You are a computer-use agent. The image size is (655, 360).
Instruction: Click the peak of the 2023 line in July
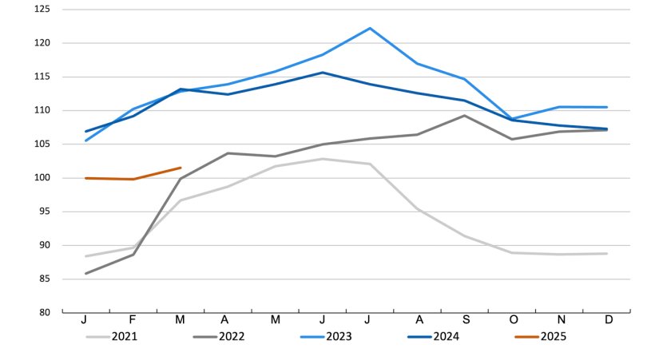pos(370,28)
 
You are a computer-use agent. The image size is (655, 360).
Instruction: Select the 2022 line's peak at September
pos(465,116)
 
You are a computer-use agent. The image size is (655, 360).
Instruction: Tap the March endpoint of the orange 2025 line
pos(181,168)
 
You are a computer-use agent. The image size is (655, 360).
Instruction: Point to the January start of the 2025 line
pos(85,178)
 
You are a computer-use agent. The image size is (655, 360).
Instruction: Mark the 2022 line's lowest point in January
pos(85,274)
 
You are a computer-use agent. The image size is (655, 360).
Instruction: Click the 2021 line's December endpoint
pos(607,254)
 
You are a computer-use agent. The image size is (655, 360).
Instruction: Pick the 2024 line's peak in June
pos(323,73)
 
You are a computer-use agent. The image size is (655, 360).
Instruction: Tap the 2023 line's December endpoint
pos(607,107)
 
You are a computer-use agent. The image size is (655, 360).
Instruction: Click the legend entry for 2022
pos(232,337)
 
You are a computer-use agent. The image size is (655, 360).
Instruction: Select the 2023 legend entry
pos(339,337)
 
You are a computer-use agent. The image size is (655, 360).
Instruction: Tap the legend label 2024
pos(446,337)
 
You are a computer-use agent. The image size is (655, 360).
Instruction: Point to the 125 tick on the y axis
pos(42,10)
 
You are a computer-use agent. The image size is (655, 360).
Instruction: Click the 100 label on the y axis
pos(42,178)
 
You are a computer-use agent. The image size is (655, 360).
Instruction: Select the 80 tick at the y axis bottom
pos(45,313)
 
